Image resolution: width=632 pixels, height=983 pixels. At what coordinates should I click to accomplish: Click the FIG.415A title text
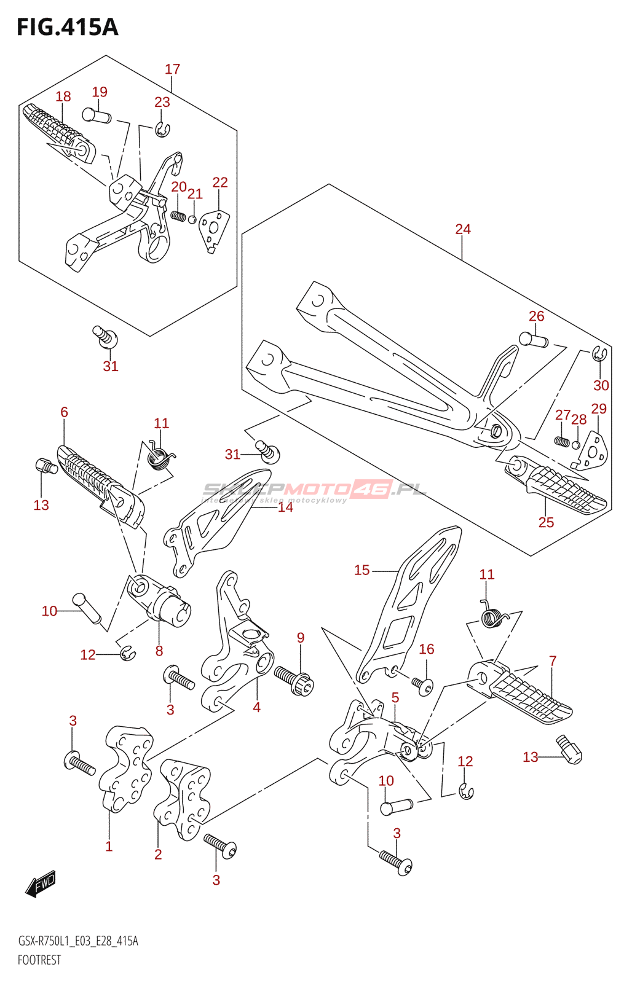click(x=67, y=28)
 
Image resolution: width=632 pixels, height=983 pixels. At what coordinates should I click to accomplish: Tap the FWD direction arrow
click(x=41, y=884)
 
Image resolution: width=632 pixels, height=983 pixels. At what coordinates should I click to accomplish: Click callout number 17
click(x=172, y=69)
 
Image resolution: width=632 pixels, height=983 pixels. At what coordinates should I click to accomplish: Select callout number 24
click(x=462, y=229)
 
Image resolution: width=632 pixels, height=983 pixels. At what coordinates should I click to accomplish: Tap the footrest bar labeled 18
click(x=58, y=130)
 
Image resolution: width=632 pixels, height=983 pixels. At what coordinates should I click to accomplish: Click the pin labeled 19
click(x=96, y=115)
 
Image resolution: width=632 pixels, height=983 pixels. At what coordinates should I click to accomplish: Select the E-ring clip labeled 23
click(x=162, y=130)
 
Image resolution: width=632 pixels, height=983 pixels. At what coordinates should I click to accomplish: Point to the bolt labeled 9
click(x=294, y=680)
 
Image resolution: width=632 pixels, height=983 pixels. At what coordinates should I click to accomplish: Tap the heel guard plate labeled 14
click(x=215, y=517)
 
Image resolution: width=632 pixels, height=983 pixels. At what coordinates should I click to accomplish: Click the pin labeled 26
click(x=533, y=339)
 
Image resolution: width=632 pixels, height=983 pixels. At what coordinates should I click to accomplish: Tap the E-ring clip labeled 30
click(x=599, y=354)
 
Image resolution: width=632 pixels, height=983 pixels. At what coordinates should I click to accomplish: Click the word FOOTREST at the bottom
click(x=39, y=960)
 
